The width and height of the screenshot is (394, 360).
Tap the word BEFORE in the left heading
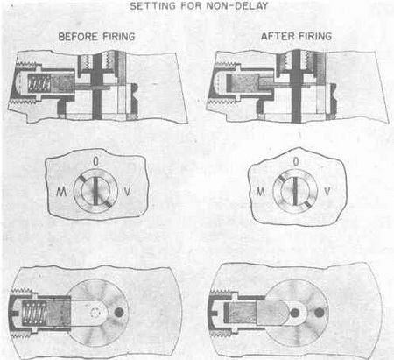(78, 37)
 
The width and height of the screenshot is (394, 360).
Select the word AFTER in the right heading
(274, 36)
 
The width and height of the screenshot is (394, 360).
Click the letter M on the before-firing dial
(61, 192)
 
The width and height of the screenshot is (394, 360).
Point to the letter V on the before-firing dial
(127, 192)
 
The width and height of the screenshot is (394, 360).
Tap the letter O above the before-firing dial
(95, 161)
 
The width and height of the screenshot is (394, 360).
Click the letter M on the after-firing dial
(261, 192)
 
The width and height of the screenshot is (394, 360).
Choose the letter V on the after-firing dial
(327, 192)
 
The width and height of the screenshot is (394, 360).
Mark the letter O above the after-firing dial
(296, 161)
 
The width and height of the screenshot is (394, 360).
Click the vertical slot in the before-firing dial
(95, 191)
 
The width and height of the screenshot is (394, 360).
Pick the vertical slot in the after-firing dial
(295, 191)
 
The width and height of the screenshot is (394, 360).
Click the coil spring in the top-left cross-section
(39, 84)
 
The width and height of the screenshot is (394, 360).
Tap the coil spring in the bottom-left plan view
(35, 313)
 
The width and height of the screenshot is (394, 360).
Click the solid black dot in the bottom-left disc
(119, 313)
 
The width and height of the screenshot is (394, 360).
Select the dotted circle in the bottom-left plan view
(95, 313)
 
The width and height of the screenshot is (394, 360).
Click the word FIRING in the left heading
(118, 37)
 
